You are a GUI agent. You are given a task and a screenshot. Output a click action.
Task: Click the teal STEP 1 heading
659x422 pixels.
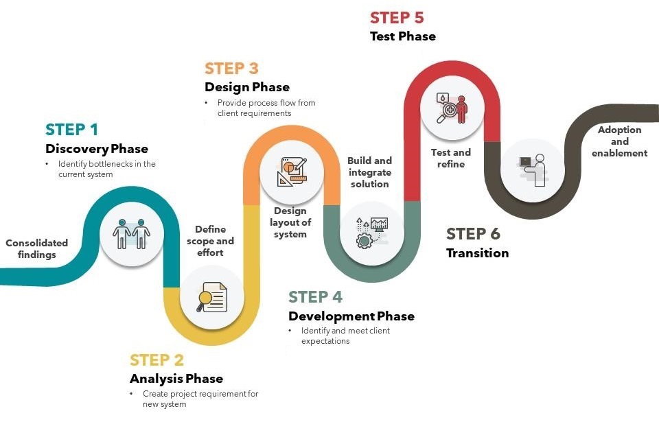[x=71, y=130]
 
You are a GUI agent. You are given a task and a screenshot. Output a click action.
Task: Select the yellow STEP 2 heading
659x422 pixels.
[x=157, y=360]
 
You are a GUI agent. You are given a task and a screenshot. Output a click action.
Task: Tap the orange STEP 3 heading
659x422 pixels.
[x=231, y=68]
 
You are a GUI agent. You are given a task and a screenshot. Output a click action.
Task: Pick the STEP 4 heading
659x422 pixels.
[x=315, y=296]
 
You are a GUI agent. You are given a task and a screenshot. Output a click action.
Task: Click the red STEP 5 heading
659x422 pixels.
[x=397, y=18]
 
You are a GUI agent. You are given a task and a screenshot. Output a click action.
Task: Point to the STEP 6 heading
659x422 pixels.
[x=473, y=234]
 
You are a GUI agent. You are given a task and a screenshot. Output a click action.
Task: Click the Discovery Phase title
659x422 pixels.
[x=97, y=149]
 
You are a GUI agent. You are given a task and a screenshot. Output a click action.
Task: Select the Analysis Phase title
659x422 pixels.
[x=176, y=379]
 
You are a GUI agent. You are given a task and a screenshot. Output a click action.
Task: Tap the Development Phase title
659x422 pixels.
[x=351, y=316]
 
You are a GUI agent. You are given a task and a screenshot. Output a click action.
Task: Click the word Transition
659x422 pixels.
[x=478, y=253]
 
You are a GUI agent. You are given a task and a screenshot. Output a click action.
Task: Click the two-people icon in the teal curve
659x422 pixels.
[x=132, y=234]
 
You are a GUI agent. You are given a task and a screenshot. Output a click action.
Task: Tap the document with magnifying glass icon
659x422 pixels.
[x=212, y=297]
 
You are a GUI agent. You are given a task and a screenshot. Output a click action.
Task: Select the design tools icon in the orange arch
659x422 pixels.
[x=292, y=172]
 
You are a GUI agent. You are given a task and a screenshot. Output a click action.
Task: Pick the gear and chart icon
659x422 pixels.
[x=372, y=233]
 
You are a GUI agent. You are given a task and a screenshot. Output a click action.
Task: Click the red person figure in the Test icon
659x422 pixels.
[x=462, y=109]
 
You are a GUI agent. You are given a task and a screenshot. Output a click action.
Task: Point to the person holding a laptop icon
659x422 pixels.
[x=533, y=170]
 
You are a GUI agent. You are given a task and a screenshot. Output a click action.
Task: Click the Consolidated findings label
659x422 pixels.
[x=36, y=249]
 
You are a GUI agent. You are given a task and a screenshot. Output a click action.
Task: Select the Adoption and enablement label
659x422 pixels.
[x=619, y=141]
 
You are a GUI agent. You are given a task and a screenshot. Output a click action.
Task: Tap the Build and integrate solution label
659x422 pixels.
[x=370, y=172]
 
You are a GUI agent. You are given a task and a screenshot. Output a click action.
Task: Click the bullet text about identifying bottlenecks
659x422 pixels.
[x=107, y=169]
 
